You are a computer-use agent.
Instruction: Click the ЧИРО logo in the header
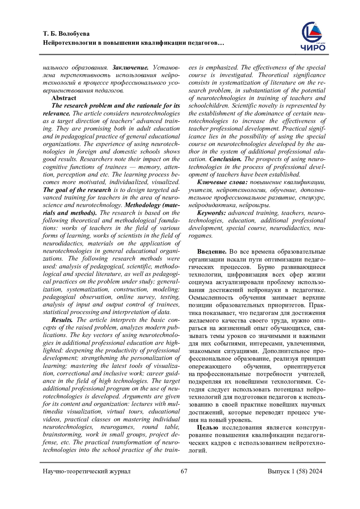(x=313, y=36)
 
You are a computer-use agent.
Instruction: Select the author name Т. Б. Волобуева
(x=66, y=34)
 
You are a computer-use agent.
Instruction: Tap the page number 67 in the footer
(x=184, y=471)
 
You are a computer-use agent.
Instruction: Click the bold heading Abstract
(x=64, y=98)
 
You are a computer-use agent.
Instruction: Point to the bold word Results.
(x=62, y=320)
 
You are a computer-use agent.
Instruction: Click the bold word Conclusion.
(x=225, y=159)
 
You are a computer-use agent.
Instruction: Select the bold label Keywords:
(x=211, y=213)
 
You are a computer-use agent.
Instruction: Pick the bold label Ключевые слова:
(x=222, y=182)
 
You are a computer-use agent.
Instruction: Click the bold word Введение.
(x=211, y=252)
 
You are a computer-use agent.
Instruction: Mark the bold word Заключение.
(x=130, y=67)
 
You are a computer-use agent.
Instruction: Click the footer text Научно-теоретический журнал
(x=86, y=471)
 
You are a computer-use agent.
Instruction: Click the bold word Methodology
(x=142, y=205)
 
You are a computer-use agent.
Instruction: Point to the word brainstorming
(x=62, y=435)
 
